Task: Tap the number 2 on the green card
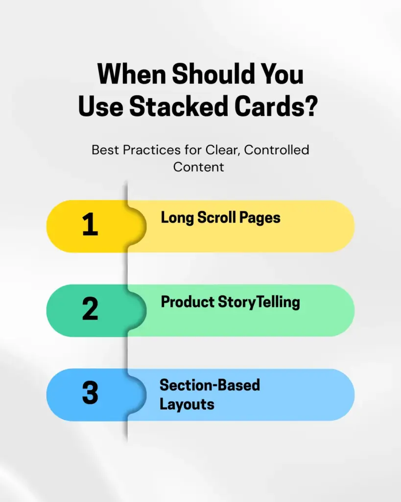pyautogui.click(x=90, y=310)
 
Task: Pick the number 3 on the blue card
pyautogui.click(x=90, y=395)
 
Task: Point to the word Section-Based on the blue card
pyautogui.click(x=210, y=385)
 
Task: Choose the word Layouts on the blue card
pyautogui.click(x=187, y=404)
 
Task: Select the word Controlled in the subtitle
pyautogui.click(x=277, y=150)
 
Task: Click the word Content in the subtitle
pyautogui.click(x=198, y=167)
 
